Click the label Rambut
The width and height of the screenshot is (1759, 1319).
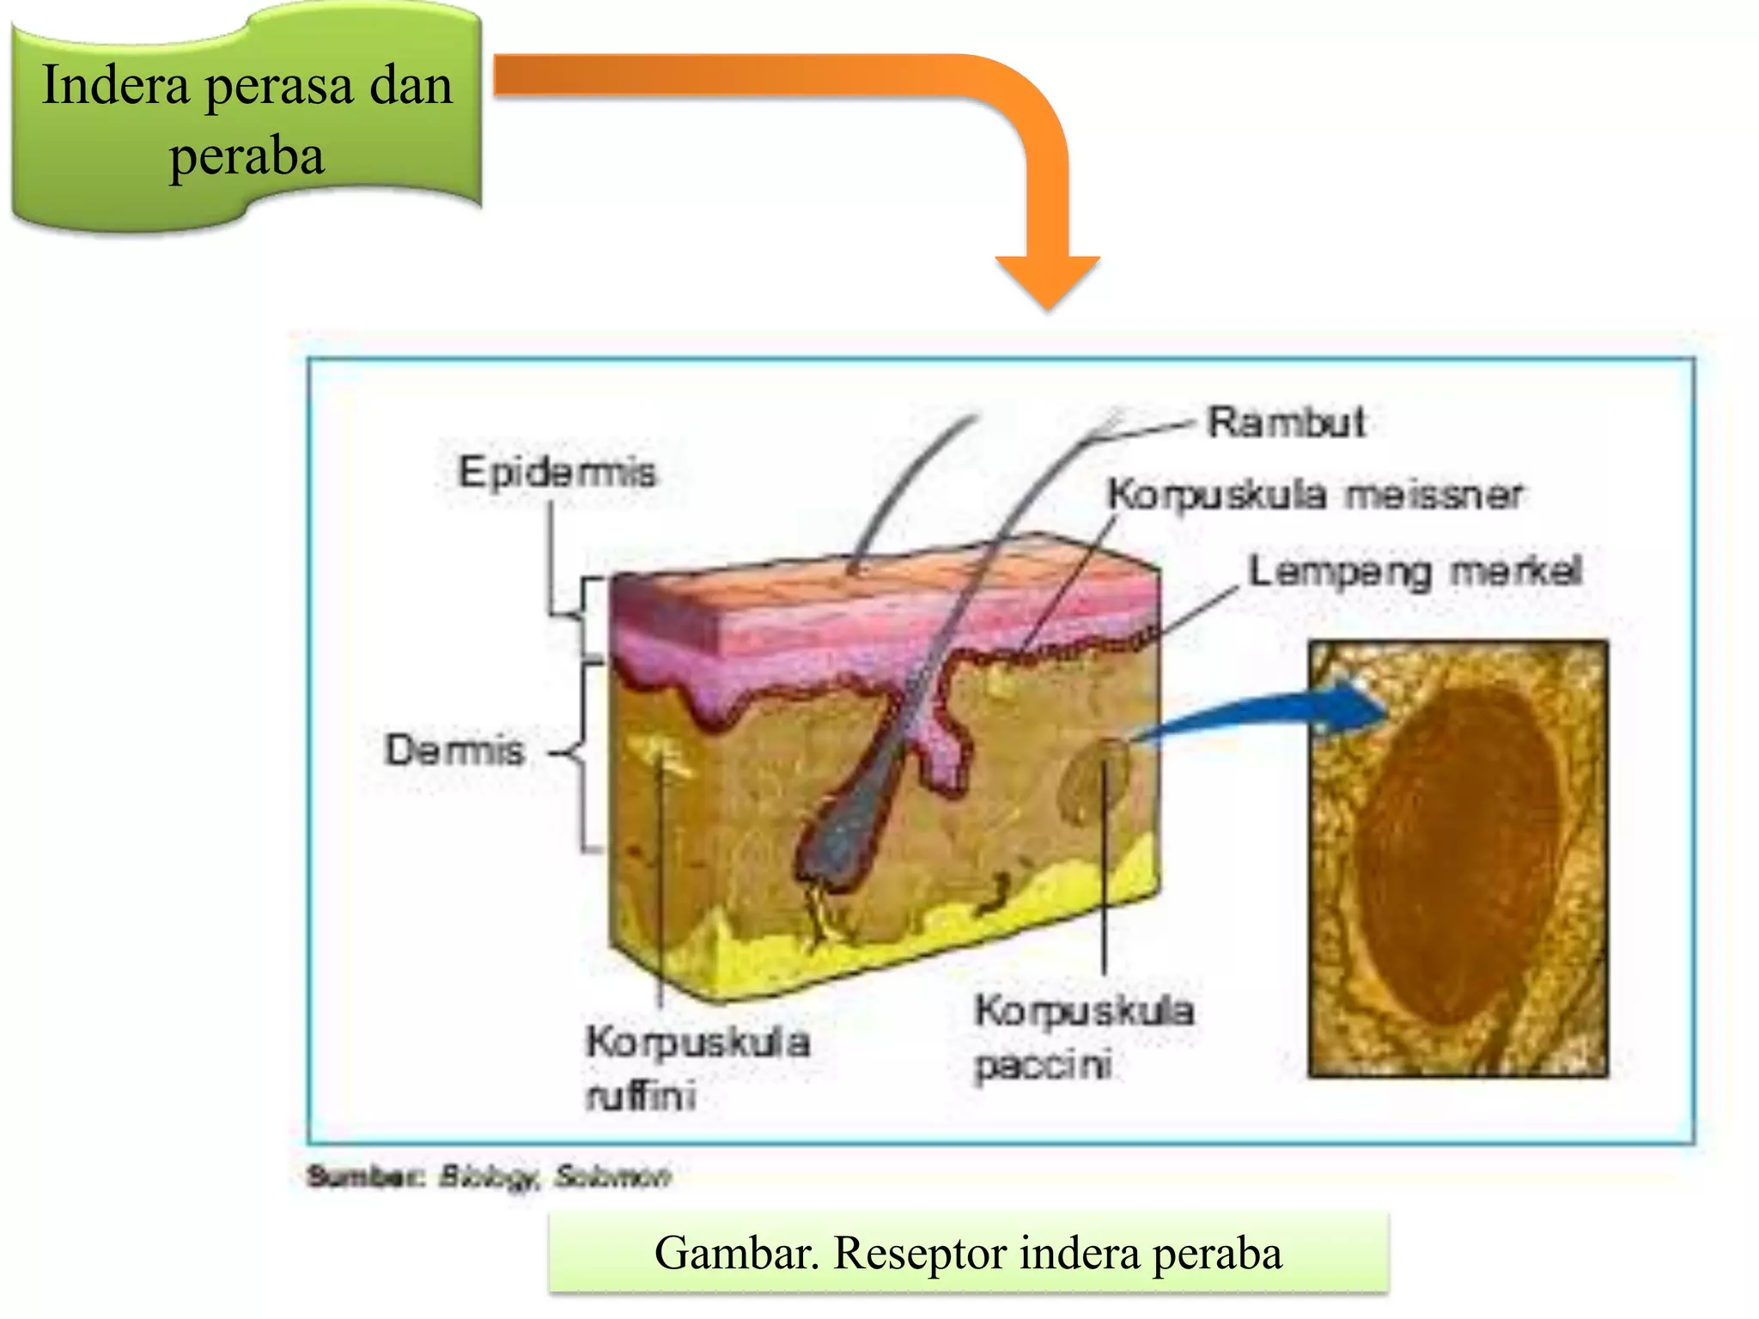pyautogui.click(x=1286, y=422)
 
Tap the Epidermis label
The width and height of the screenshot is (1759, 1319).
pyautogui.click(x=557, y=472)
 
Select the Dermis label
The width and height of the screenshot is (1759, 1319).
pyautogui.click(x=454, y=751)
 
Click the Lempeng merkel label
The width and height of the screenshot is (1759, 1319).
pyautogui.click(x=1415, y=572)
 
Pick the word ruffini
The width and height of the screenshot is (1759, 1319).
pyautogui.click(x=641, y=1097)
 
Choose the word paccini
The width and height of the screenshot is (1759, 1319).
pyautogui.click(x=1044, y=1066)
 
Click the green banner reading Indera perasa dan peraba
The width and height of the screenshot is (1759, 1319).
pyautogui.click(x=247, y=120)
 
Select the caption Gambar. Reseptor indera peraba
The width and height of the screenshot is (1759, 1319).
pyautogui.click(x=968, y=1253)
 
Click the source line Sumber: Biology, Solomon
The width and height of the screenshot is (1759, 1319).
pyautogui.click(x=488, y=1176)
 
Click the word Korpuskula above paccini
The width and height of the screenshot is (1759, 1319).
pyautogui.click(x=1084, y=1011)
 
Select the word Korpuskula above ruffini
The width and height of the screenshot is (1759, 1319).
pyautogui.click(x=697, y=1042)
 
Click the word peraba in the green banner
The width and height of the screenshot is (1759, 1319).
pyautogui.click(x=247, y=156)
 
